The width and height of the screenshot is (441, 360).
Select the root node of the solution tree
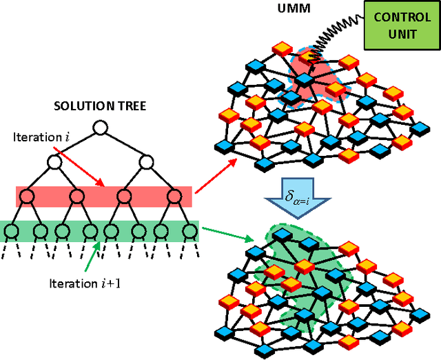click(x=101, y=128)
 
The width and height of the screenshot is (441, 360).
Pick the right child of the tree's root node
click(x=147, y=163)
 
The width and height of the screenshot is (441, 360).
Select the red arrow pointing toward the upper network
click(x=215, y=175)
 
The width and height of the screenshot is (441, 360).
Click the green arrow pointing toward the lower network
click(x=225, y=236)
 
